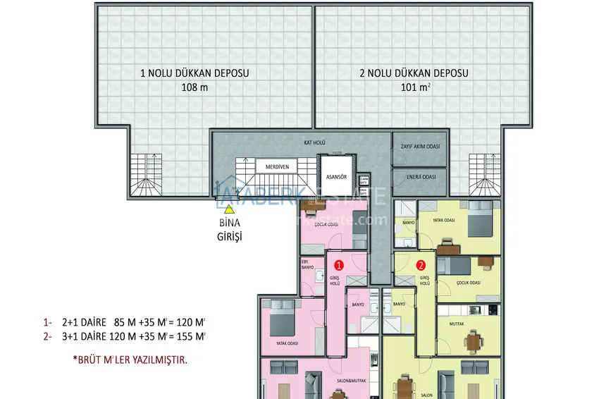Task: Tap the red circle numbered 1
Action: point(338,266)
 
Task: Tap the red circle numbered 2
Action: point(421,266)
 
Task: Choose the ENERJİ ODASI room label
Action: point(419,176)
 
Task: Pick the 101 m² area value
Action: point(414,87)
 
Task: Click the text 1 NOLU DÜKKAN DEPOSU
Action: point(194,73)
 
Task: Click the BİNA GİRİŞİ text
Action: point(228,231)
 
